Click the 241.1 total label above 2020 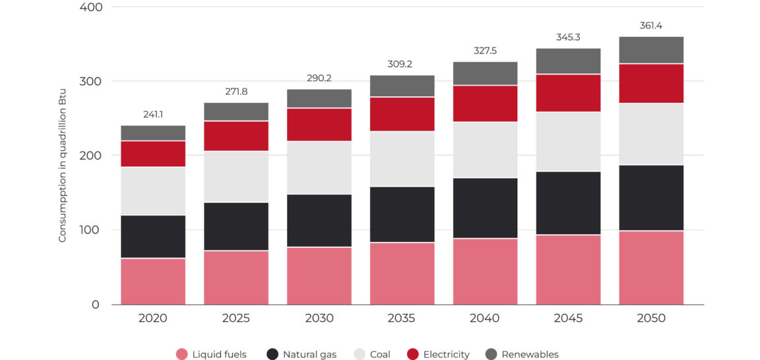153,115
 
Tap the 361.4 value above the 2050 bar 651,26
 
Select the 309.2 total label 402,65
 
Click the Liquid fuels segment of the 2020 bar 153,281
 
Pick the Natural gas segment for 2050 651,198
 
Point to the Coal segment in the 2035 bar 402,159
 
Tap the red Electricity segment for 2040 485,104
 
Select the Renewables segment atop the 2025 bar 236,111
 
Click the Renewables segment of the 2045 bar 568,61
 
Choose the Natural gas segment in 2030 319,221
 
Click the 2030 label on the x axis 319,318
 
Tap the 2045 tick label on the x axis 568,318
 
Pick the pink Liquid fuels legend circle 182,355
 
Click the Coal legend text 380,355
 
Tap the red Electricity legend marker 413,355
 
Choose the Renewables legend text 530,355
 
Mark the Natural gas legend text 309,355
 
